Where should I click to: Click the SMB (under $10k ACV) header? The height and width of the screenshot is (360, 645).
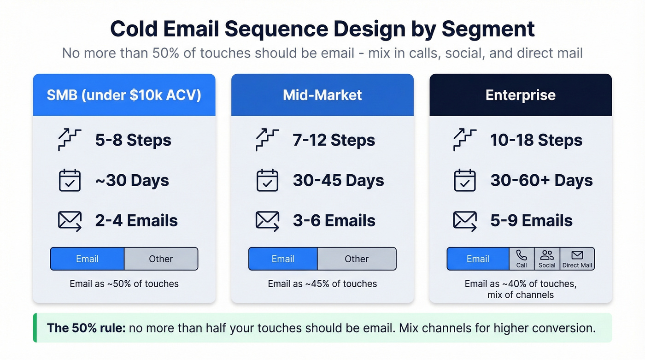pos(124,95)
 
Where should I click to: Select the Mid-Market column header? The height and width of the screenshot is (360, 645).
pos(322,95)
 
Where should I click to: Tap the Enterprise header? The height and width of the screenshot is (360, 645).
pos(520,95)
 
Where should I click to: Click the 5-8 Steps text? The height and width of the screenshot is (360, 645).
pos(133,140)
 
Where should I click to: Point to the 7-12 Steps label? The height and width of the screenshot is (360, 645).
pos(334,140)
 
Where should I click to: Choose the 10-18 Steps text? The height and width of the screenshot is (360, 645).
pos(536,140)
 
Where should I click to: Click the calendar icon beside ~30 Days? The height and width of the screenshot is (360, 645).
pos(70,180)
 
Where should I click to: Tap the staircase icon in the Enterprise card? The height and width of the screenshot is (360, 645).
pos(465,140)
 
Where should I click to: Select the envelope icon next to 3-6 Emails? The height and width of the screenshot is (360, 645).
pos(267,221)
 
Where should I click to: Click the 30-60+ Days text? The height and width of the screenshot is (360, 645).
pos(541,180)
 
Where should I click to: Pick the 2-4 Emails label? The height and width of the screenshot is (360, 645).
pos(136,221)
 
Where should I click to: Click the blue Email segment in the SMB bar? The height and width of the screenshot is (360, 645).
pos(87,259)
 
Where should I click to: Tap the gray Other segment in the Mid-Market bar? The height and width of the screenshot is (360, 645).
pos(356,259)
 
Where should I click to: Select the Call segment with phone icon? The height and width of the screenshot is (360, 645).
pos(522,259)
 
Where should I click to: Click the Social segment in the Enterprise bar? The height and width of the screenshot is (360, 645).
pos(547,259)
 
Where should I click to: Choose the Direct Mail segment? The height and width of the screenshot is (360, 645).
pos(577,259)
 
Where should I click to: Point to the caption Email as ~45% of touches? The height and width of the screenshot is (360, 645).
pos(322,284)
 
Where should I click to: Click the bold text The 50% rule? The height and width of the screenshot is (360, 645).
pos(86,328)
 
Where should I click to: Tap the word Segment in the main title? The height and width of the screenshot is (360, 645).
pos(488,29)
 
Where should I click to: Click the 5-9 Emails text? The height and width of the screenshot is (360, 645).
pos(531,221)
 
